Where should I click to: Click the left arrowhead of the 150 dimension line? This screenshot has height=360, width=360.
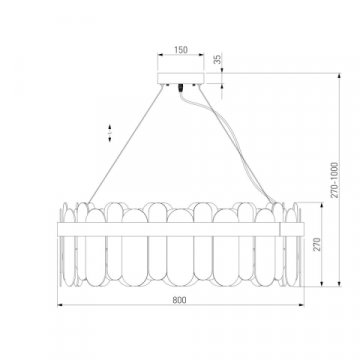(157, 55)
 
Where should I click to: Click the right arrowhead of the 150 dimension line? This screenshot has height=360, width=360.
(203, 55)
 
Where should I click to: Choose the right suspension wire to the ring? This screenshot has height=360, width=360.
(250, 150)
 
